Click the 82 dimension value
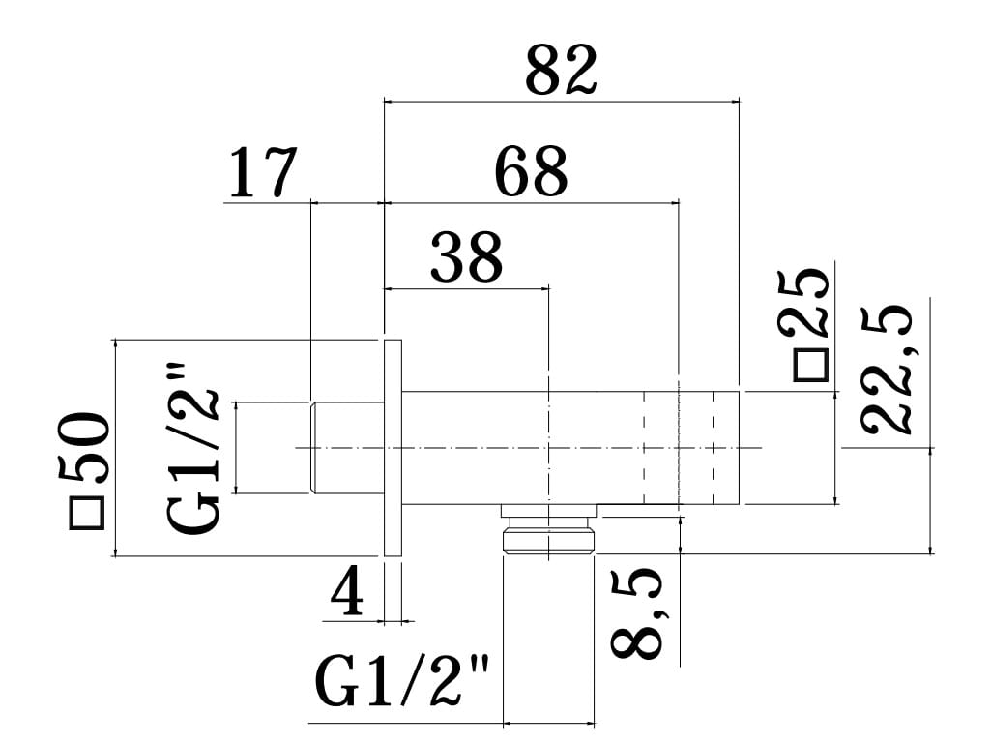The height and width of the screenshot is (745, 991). [x=561, y=70]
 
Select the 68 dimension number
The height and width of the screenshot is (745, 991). [x=530, y=173]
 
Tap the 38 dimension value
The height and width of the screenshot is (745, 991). [x=466, y=257]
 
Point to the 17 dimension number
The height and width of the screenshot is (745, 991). [x=261, y=173]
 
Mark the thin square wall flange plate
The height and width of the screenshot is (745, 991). [x=393, y=447]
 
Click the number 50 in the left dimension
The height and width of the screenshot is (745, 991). [x=87, y=449]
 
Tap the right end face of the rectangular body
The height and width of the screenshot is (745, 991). [x=740, y=447]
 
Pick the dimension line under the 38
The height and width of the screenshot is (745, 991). [x=466, y=287]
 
